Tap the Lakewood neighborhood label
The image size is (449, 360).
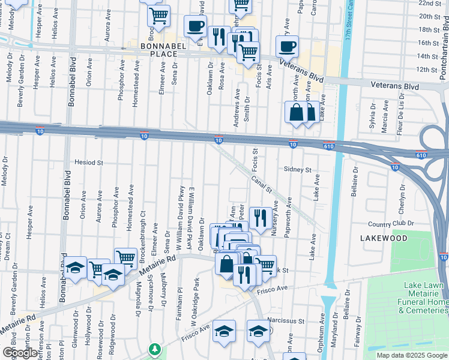(384, 238)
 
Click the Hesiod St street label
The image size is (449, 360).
(89, 162)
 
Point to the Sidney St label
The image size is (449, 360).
(298, 170)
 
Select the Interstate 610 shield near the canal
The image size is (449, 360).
(328, 145)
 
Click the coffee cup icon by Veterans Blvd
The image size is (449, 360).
(287, 46)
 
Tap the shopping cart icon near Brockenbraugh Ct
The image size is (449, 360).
(125, 259)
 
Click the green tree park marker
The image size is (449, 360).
(155, 349)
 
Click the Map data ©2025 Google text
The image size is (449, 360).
(412, 355)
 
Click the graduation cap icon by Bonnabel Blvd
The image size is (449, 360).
(76, 267)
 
